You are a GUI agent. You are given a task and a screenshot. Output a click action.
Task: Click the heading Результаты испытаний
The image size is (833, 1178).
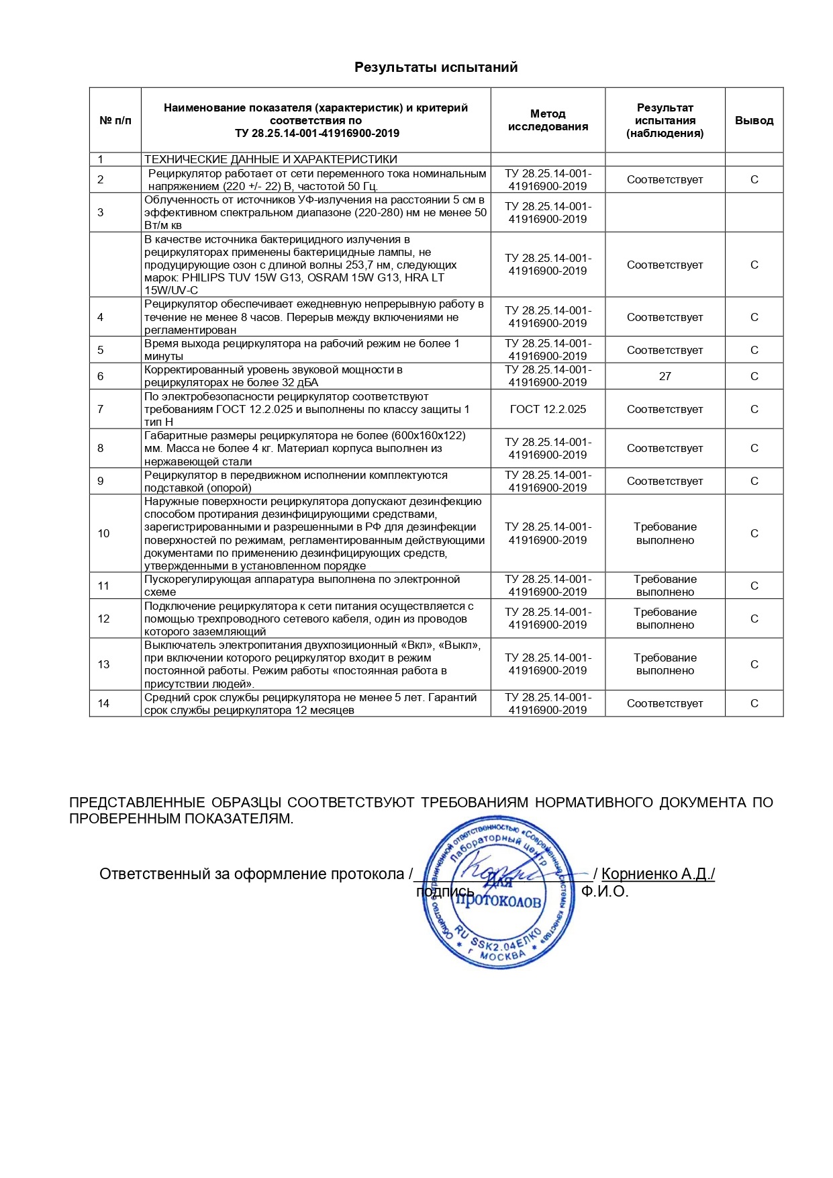click(436, 67)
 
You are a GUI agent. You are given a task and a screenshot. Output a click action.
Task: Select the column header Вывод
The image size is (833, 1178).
click(754, 121)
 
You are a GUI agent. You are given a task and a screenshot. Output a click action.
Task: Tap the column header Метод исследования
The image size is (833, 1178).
click(548, 120)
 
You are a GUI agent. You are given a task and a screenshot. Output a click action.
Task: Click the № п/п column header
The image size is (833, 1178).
click(115, 121)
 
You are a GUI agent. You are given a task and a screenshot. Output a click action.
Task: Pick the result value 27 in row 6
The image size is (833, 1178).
click(665, 376)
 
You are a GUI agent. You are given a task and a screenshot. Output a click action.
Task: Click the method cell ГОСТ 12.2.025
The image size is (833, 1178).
click(548, 409)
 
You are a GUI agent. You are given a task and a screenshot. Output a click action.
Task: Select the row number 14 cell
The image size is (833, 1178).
click(103, 703)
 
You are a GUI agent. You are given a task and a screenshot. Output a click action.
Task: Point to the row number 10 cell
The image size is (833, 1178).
click(103, 533)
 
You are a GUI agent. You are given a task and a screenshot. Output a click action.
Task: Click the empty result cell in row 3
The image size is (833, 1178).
click(665, 212)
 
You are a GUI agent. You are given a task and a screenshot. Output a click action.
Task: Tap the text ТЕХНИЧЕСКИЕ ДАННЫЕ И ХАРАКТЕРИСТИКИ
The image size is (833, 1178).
click(271, 159)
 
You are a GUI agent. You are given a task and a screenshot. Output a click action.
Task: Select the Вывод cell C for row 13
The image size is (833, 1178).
click(754, 664)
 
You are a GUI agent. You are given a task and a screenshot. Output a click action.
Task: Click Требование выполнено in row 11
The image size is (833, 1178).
click(665, 586)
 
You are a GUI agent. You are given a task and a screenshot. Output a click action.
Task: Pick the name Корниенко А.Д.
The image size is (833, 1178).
click(657, 874)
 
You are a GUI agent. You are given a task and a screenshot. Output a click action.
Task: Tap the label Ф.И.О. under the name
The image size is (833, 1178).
click(605, 892)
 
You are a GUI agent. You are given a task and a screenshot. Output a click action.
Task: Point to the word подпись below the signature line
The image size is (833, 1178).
click(445, 892)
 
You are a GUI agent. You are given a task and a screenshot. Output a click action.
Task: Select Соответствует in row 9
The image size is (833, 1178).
click(665, 481)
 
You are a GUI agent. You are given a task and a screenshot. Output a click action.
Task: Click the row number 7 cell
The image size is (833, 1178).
click(101, 409)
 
